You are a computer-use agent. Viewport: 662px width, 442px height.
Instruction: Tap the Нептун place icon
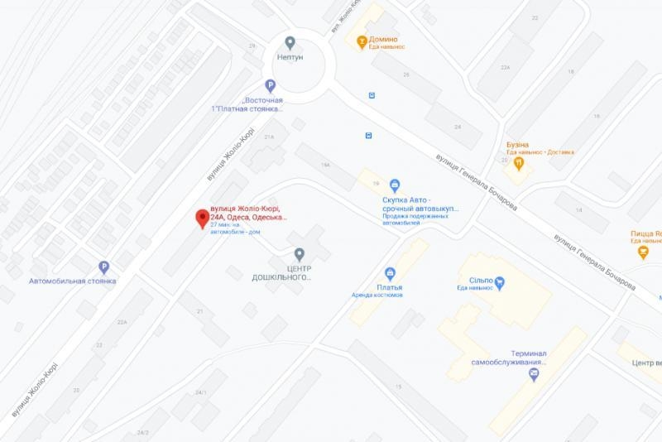[290, 42]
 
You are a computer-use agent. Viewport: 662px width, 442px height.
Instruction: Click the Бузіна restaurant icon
[519, 163]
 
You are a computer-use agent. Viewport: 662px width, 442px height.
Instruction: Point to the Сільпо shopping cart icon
[499, 282]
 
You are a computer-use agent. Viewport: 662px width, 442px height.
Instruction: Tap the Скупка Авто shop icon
[395, 185]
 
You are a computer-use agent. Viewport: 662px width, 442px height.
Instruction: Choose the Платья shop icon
[389, 274]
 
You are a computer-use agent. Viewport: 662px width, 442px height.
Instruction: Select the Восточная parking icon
[269, 85]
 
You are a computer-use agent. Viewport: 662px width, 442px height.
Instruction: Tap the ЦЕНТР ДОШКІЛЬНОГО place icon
[300, 253]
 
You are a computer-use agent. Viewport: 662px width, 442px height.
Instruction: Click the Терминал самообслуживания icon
[534, 374]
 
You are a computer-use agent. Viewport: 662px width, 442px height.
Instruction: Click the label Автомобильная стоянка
[73, 281]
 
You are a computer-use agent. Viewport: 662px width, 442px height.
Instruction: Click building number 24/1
[200, 392]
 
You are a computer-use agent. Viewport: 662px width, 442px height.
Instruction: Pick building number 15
[398, 387]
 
